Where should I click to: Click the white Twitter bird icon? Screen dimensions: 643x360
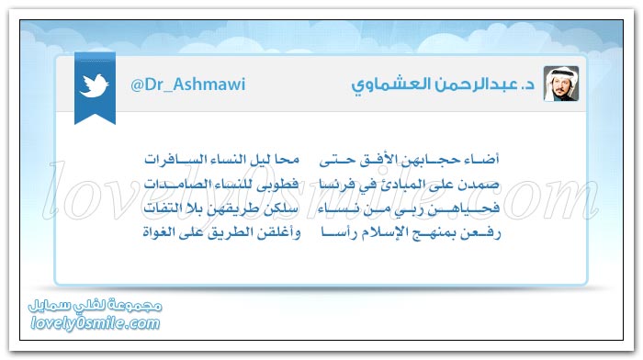tap(95, 85)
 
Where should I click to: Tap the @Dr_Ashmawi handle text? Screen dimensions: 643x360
tap(187, 84)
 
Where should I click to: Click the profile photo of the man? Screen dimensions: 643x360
tap(561, 84)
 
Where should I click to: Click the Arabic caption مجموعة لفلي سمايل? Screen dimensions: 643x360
tap(96, 306)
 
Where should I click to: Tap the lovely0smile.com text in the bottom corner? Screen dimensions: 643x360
tap(96, 323)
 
